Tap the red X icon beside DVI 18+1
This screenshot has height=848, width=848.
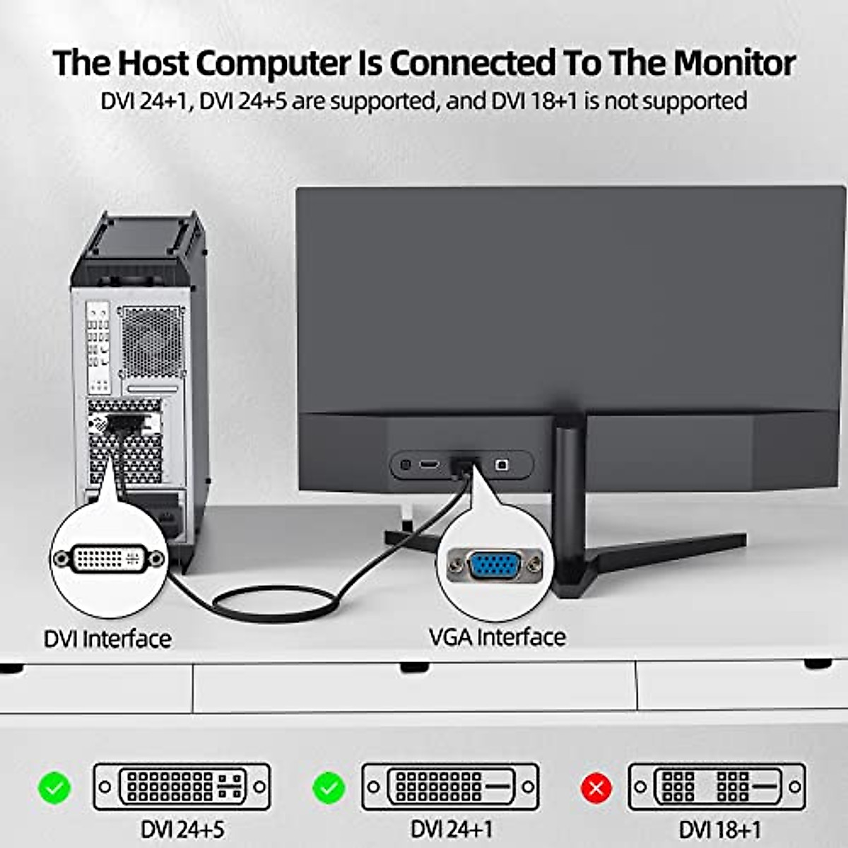(596, 787)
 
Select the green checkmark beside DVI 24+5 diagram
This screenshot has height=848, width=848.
(54, 787)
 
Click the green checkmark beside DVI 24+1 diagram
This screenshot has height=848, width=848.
(329, 787)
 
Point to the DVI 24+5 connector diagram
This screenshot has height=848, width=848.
(182, 787)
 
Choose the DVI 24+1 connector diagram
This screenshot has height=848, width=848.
(450, 787)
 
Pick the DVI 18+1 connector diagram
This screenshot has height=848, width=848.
(717, 787)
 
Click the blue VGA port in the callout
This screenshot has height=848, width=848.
(495, 566)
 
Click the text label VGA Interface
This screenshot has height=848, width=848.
(497, 637)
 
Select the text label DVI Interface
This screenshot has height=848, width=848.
(107, 639)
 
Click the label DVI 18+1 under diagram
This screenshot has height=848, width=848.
(720, 829)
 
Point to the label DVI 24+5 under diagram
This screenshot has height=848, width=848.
(182, 829)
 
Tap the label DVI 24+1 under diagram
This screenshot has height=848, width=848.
(452, 829)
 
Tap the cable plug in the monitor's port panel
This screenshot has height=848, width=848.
(460, 466)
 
